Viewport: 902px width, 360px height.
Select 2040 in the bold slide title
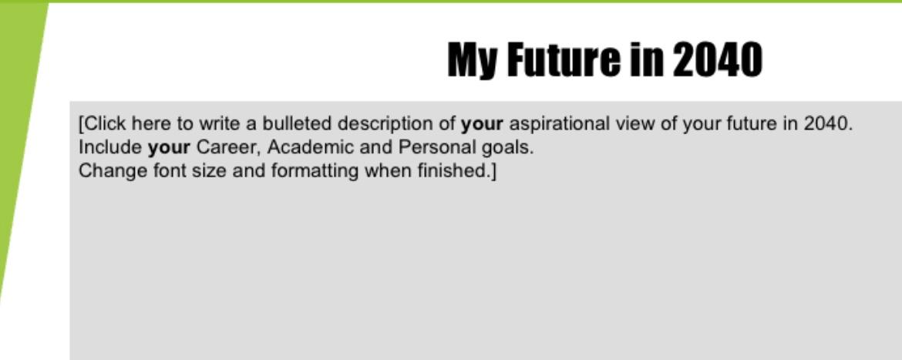(x=717, y=60)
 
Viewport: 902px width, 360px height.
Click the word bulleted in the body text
(x=297, y=123)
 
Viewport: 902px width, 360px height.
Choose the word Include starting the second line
(x=110, y=147)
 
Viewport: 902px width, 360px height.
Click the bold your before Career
(x=168, y=147)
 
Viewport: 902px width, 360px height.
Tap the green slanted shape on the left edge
(x=19, y=154)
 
